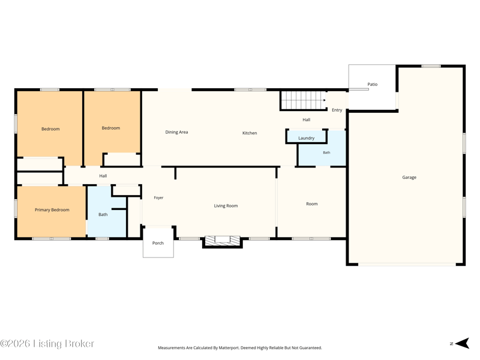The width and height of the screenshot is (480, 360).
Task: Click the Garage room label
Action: (x=409, y=177)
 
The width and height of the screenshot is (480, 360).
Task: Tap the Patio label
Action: (x=372, y=84)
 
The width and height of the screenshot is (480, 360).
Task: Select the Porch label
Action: (x=158, y=243)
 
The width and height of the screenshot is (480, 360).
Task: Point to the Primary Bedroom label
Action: (x=52, y=209)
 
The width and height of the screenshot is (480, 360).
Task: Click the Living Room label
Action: (x=226, y=206)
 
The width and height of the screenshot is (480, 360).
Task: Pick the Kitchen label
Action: (x=250, y=133)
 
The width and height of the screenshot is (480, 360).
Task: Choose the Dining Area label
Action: (x=176, y=132)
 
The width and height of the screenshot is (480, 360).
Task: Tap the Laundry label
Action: (x=307, y=138)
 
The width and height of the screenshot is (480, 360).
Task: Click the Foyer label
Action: (x=158, y=198)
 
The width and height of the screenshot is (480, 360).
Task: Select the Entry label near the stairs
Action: (x=337, y=110)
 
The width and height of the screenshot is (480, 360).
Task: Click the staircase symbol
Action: (x=304, y=100)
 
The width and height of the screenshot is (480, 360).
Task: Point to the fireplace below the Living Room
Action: (x=223, y=241)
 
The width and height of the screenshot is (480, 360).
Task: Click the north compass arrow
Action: (x=462, y=343)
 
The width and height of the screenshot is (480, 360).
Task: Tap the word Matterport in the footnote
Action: (x=229, y=348)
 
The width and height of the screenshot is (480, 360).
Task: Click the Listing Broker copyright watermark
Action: (x=47, y=343)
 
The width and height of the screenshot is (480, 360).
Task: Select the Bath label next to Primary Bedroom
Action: (x=103, y=215)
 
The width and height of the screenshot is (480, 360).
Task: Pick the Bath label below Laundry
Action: (x=326, y=152)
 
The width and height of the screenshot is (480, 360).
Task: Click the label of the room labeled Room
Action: (x=312, y=204)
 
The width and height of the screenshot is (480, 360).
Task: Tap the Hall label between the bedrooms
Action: (x=103, y=176)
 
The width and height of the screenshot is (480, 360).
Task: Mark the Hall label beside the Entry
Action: (x=307, y=119)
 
